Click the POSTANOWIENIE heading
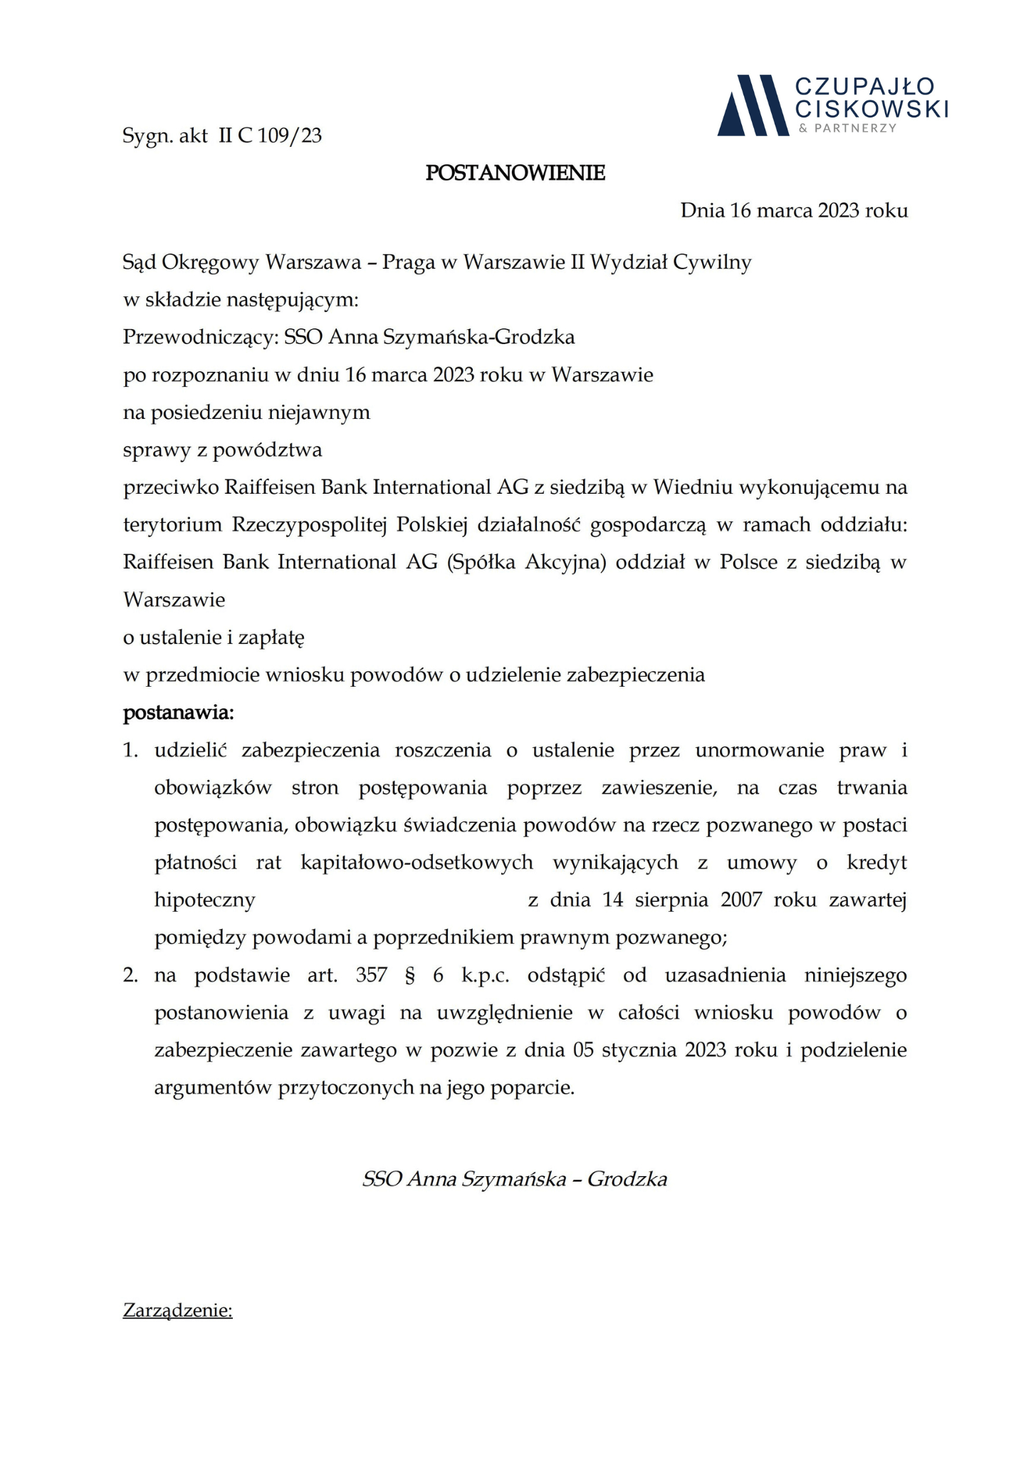[x=515, y=173]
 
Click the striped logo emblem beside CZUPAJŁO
[x=753, y=105]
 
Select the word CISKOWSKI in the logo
[x=872, y=109]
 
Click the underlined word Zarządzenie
[x=177, y=1310]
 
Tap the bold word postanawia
[x=178, y=712]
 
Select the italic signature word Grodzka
[x=627, y=1179]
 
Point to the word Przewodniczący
[x=199, y=337]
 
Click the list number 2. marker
[x=130, y=975]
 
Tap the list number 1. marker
[x=130, y=750]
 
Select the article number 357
[x=371, y=975]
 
